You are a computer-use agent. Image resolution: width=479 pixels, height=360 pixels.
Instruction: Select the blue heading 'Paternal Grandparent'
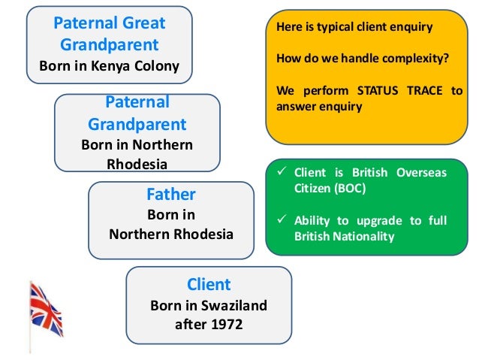tap(137, 112)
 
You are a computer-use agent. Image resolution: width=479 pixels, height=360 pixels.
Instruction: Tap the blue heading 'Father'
tap(170, 195)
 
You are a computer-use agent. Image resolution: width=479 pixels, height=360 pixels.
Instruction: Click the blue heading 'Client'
tap(208, 285)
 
